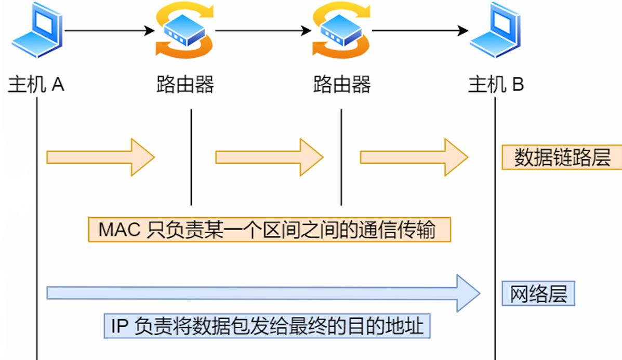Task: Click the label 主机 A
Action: point(36,84)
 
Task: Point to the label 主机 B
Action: point(496,84)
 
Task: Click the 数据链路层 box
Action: point(562,157)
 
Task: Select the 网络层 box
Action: point(538,294)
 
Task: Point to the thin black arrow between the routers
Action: point(262,31)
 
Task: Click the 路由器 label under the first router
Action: point(185,84)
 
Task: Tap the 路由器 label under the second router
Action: point(342,84)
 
